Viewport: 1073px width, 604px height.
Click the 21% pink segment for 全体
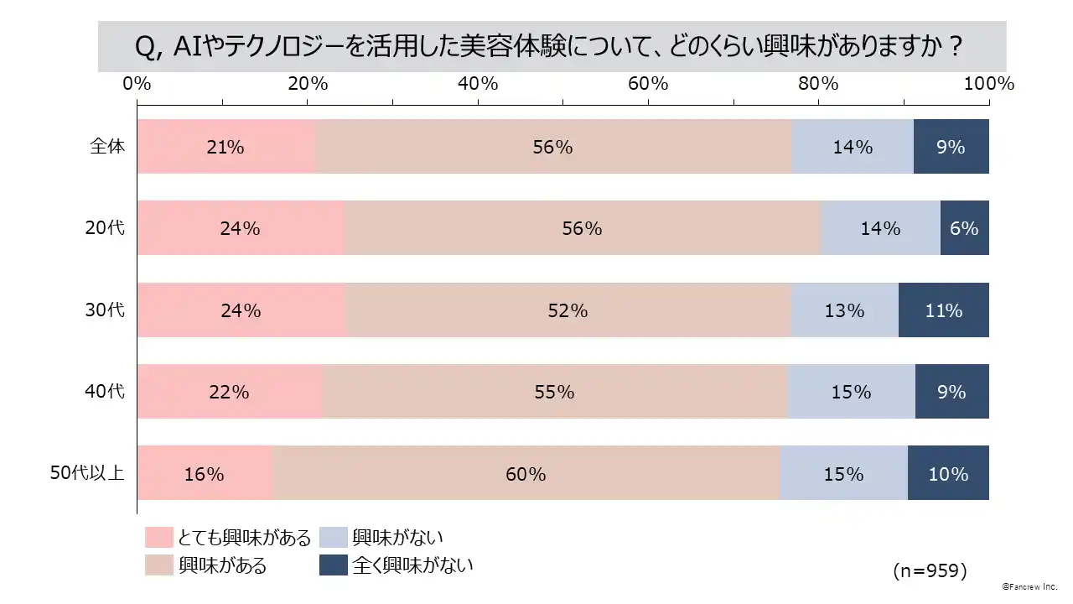pyautogui.click(x=225, y=147)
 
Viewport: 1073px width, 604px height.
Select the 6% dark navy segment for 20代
pyautogui.click(x=964, y=228)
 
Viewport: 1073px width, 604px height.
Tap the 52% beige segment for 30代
pyautogui.click(x=568, y=310)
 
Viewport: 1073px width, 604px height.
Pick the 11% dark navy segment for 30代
pyautogui.click(x=943, y=310)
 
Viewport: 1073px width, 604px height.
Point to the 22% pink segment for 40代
pyautogui.click(x=229, y=392)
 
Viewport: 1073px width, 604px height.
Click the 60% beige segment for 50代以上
pyautogui.click(x=526, y=474)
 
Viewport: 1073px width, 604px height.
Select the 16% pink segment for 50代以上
pyautogui.click(x=204, y=474)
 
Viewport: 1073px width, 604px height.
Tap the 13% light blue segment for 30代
pyautogui.click(x=843, y=310)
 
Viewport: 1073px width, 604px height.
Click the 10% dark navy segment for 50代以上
pyautogui.click(x=948, y=474)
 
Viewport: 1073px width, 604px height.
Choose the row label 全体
pyautogui.click(x=107, y=146)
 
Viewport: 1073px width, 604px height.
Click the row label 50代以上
pyautogui.click(x=87, y=473)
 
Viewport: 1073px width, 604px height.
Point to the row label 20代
pyautogui.click(x=105, y=227)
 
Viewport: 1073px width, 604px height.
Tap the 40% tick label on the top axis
pyautogui.click(x=478, y=84)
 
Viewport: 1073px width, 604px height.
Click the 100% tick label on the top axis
pyautogui.click(x=989, y=84)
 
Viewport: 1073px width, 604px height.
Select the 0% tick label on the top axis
pyautogui.click(x=137, y=84)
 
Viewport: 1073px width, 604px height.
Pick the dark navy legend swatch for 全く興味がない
pyautogui.click(x=334, y=565)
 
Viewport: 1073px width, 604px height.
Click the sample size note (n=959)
pyautogui.click(x=930, y=571)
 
